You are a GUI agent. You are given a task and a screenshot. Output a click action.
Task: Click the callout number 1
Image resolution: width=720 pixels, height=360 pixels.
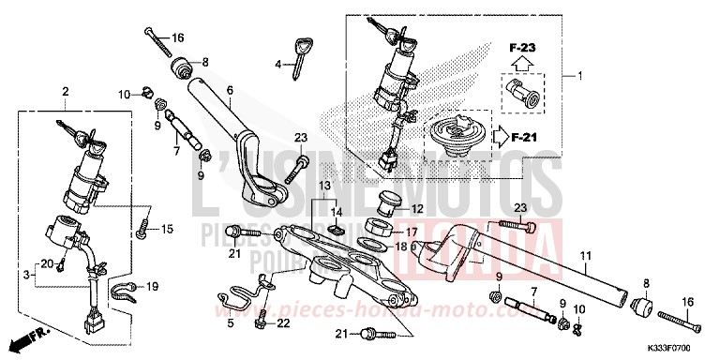578,75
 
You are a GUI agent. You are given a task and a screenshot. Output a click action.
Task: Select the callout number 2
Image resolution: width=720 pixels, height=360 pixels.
66,91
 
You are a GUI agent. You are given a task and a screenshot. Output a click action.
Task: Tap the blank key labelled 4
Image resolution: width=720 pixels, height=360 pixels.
299,57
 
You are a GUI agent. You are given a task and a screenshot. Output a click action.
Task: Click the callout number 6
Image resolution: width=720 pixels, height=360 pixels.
229,90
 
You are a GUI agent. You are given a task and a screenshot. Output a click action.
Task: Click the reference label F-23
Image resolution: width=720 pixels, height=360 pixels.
522,46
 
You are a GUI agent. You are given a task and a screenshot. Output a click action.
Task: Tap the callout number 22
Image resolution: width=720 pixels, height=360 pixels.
283,322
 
